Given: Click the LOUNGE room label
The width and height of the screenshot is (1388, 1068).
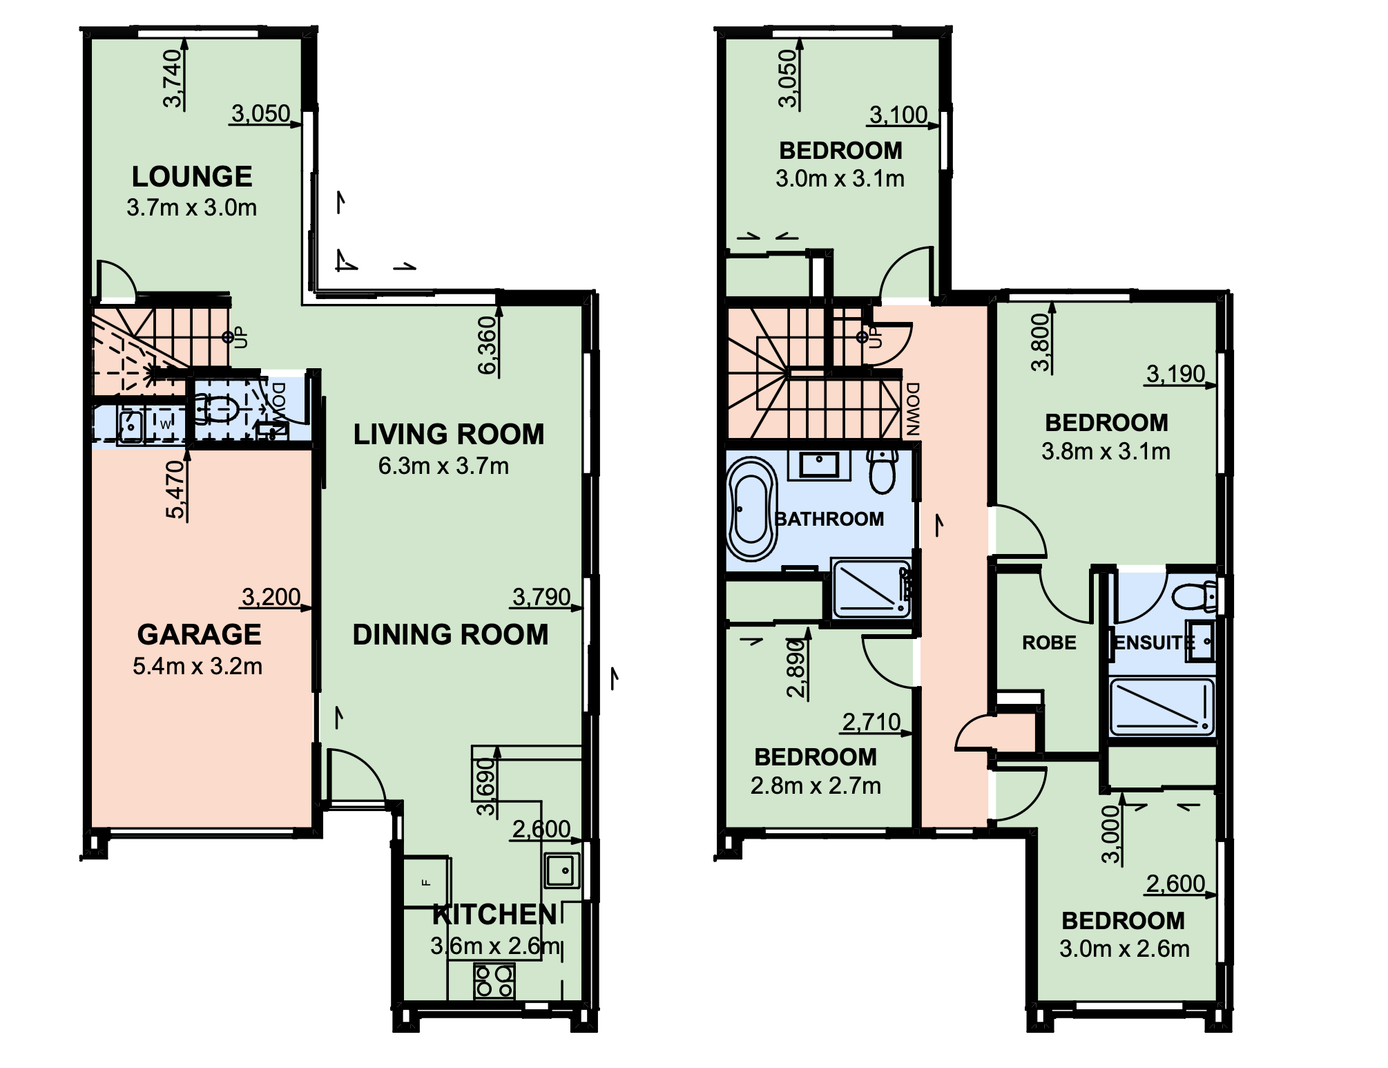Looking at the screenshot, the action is click(x=192, y=177).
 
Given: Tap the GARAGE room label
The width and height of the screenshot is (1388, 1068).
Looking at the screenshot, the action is click(x=199, y=634).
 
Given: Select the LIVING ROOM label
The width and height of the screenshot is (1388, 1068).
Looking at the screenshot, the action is click(x=449, y=435).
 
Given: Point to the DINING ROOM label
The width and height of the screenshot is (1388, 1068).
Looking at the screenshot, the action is click(x=450, y=635).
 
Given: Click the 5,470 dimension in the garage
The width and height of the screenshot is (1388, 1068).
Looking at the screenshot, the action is click(x=175, y=489).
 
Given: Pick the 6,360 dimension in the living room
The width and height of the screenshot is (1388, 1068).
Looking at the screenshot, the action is click(x=488, y=345).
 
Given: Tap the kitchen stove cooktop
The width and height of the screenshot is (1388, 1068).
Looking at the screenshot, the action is click(x=494, y=982).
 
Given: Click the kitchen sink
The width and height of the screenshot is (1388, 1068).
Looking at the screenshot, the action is click(x=562, y=870).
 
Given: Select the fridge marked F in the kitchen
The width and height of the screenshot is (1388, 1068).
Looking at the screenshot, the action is click(x=427, y=882).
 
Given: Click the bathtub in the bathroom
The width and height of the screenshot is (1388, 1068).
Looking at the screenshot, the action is click(x=752, y=509).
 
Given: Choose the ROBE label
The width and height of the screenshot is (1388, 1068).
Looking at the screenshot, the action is click(x=1049, y=642).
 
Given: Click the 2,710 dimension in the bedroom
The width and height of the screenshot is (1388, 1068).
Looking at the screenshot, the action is click(x=871, y=722).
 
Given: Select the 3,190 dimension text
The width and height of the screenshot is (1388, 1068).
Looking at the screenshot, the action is click(x=1175, y=374).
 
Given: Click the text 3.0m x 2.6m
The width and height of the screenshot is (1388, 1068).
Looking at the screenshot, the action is click(x=1125, y=949).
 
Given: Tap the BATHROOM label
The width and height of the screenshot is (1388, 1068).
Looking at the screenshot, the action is click(x=829, y=519).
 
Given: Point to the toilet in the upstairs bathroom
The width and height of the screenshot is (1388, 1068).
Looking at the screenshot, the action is click(x=883, y=470).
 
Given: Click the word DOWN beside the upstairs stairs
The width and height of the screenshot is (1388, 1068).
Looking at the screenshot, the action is click(x=913, y=409).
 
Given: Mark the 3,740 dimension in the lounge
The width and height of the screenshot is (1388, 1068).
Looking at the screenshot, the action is click(x=173, y=78).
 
